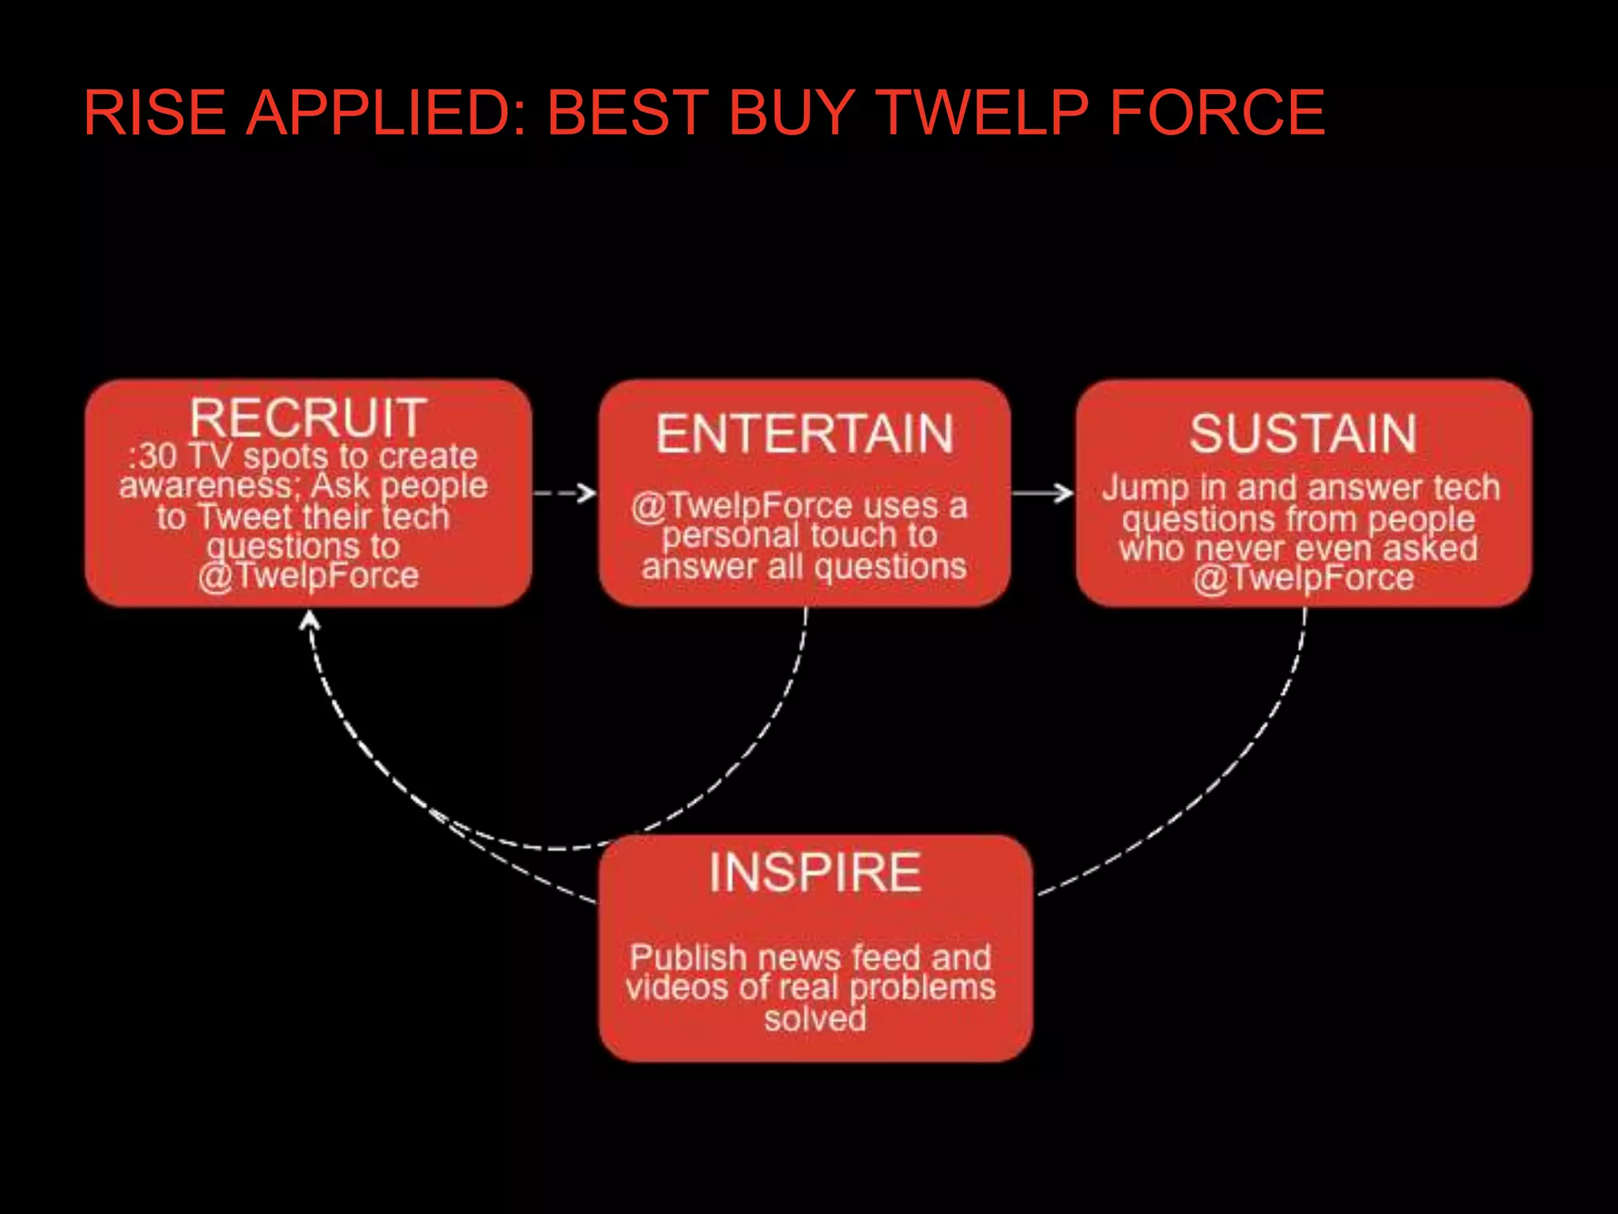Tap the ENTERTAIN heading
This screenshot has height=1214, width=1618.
[804, 434]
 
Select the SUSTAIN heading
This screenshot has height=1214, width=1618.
[1303, 434]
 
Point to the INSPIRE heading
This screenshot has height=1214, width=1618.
[815, 873]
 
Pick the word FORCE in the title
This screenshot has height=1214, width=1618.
[1217, 112]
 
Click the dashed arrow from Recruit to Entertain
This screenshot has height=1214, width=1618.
[564, 494]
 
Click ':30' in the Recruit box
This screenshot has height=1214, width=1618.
[152, 457]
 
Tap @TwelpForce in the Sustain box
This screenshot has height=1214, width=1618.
[1303, 578]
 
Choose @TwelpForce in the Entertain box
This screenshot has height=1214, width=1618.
[741, 506]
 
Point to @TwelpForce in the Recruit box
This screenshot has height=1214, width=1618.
[308, 576]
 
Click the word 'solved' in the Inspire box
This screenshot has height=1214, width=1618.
[815, 1018]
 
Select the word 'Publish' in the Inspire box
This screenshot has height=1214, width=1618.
[687, 958]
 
